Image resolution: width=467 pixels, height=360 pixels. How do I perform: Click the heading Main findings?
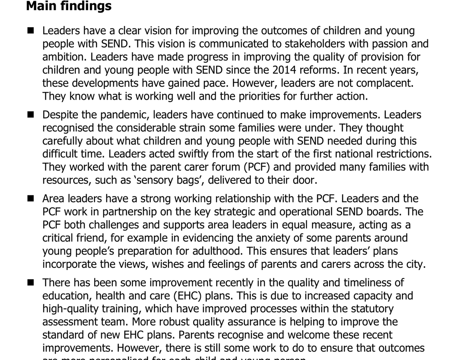68,6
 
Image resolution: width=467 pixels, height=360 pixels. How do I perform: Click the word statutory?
370,309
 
